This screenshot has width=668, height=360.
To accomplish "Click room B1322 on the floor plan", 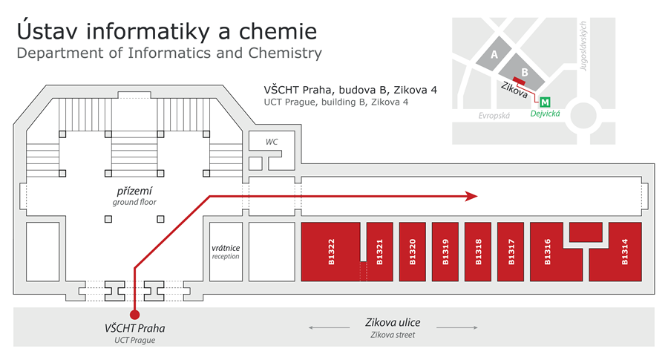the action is point(330,252).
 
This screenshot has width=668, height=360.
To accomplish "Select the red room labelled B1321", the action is point(379,252).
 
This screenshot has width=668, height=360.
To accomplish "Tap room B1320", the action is point(413,252).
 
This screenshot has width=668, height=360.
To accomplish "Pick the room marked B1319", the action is point(445,252).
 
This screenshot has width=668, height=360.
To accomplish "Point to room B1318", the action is point(478,252).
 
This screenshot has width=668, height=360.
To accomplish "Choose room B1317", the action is point(511,252).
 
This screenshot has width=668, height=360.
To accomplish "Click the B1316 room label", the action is point(548,252).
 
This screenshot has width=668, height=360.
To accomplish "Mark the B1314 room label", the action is point(624,252).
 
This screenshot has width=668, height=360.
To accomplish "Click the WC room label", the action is point(272,142).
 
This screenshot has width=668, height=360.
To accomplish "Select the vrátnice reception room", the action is point(226,252).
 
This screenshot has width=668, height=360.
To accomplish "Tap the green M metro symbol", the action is point(545,102).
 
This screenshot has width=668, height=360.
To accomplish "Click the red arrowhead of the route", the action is point(471,197).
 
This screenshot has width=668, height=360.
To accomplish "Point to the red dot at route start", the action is point(134,315).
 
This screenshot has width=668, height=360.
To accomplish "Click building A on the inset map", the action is point(494,54).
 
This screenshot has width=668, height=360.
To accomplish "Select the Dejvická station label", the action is point(545,114).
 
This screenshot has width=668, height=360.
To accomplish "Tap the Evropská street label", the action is point(494,116).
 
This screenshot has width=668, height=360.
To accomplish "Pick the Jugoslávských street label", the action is point(583,46).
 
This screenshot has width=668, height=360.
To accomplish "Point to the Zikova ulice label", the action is point(393,322).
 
